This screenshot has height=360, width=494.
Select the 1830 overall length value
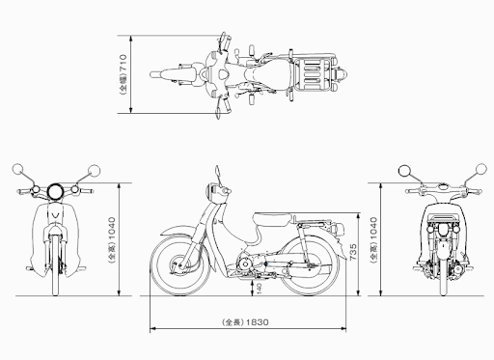pos(256,320)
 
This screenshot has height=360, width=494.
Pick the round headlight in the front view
pos(58,189)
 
